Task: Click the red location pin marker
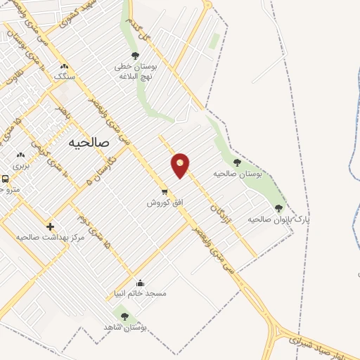[x=181, y=165]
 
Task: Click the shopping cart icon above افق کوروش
[x=165, y=191]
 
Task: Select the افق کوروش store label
[x=165, y=202]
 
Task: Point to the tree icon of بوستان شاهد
[x=124, y=316]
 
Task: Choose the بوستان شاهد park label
[x=124, y=328]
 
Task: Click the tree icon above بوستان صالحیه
[x=237, y=162]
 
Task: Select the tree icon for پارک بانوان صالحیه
[x=278, y=208]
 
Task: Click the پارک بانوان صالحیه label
[x=278, y=219]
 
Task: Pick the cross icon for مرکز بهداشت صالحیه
[x=50, y=226]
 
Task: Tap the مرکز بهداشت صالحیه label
[x=46, y=238]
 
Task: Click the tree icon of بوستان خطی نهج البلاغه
[x=135, y=56]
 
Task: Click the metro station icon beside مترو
[x=5, y=179]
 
